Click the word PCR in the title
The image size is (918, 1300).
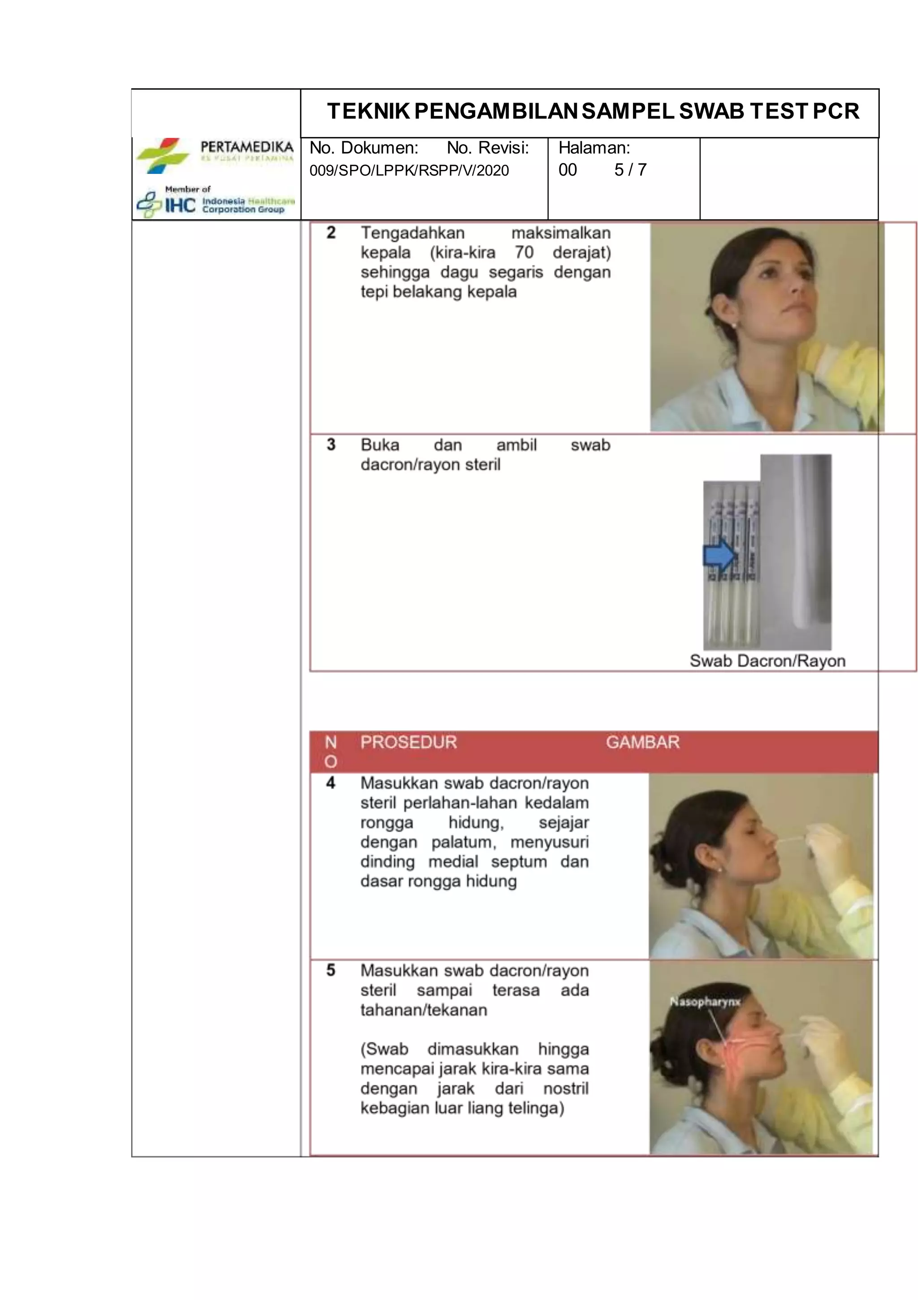(836, 112)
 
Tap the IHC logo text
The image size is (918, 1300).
(180, 205)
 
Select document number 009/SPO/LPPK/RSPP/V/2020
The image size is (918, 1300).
(409, 170)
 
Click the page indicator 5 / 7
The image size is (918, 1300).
(630, 170)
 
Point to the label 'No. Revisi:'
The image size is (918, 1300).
(488, 148)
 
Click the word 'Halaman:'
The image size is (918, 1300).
(594, 148)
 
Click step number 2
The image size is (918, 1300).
(331, 233)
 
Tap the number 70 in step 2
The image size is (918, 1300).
(524, 253)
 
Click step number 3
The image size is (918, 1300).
(331, 445)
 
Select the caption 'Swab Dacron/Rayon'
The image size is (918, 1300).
(767, 661)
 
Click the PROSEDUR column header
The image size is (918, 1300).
(408, 742)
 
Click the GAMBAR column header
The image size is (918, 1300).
(642, 742)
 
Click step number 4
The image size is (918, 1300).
(331, 783)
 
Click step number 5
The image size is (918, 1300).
(331, 971)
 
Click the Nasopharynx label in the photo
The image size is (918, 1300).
(705, 1002)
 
